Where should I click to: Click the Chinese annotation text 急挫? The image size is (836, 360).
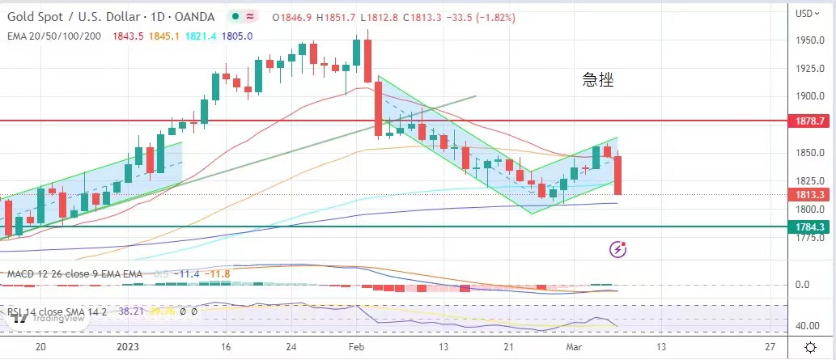click(598, 79)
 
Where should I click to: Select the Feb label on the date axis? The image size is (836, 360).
click(357, 345)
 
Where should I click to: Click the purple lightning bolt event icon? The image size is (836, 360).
click(618, 249)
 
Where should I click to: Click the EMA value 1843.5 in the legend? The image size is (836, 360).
click(129, 36)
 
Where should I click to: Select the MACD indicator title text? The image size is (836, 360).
click(74, 274)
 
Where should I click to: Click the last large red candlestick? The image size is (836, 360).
click(617, 175)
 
